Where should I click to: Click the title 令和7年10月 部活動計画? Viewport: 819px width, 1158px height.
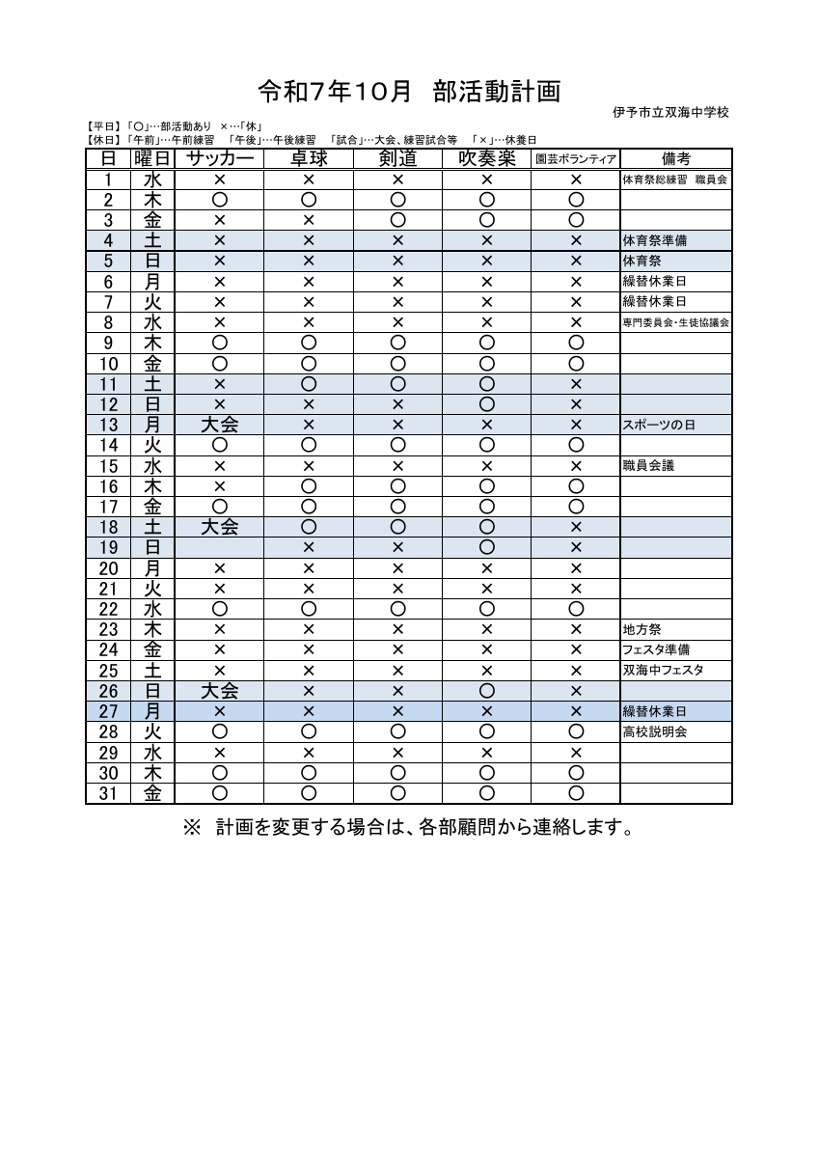pyautogui.click(x=409, y=92)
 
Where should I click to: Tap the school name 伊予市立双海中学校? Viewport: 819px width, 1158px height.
pyautogui.click(x=670, y=113)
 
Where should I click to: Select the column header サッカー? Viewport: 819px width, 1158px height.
pyautogui.click(x=219, y=158)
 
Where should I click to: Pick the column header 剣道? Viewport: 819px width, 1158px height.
pyautogui.click(x=396, y=158)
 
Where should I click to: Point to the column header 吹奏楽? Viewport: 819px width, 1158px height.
pyautogui.click(x=486, y=158)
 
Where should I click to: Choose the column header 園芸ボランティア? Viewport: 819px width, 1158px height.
pyautogui.click(x=575, y=159)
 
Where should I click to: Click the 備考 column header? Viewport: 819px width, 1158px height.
pyautogui.click(x=675, y=158)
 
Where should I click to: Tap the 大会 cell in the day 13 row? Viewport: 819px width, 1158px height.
pyautogui.click(x=219, y=425)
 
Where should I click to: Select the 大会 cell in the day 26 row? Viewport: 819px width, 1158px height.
pyautogui.click(x=219, y=691)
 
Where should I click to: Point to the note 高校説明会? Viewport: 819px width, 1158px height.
pyautogui.click(x=655, y=732)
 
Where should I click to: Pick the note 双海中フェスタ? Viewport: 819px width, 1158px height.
pyautogui.click(x=664, y=671)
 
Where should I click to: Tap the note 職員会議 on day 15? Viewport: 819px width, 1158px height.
pyautogui.click(x=649, y=466)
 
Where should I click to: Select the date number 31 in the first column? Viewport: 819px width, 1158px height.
pyautogui.click(x=108, y=793)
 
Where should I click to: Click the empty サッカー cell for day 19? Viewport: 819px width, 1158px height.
pyautogui.click(x=219, y=548)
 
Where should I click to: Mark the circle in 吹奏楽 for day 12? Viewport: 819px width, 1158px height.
pyautogui.click(x=486, y=404)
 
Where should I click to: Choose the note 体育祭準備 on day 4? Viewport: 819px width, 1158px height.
pyautogui.click(x=655, y=240)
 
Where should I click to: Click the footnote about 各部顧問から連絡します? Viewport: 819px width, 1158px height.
pyautogui.click(x=409, y=828)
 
